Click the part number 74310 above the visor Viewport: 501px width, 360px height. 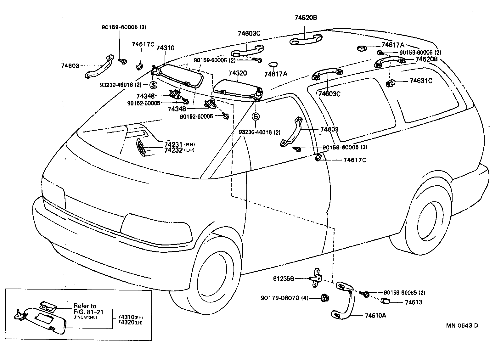click(x=165, y=48)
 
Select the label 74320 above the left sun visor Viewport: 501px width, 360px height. click(x=238, y=73)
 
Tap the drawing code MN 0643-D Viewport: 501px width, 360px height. click(x=462, y=325)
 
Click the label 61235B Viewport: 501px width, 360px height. click(x=284, y=278)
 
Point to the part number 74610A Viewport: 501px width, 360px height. click(x=375, y=315)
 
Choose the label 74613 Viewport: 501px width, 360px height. click(x=414, y=302)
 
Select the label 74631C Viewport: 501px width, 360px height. click(x=421, y=81)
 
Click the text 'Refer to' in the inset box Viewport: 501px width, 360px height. click(x=85, y=306)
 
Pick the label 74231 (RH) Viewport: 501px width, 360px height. click(x=179, y=144)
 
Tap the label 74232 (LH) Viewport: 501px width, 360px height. click(x=179, y=150)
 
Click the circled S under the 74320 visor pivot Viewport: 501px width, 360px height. click(x=256, y=117)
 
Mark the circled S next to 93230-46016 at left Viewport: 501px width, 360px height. click(x=153, y=85)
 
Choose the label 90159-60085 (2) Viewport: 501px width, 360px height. click(x=404, y=293)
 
